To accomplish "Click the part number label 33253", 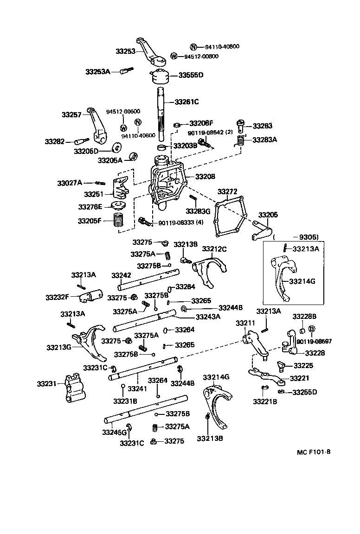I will coord(125,51).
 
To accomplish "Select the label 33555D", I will coord(191,75).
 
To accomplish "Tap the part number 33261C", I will coord(186,102).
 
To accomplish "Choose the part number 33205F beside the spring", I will coord(90,221).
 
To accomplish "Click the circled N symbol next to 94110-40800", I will coord(194,47).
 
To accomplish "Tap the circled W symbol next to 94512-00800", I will coord(174,57).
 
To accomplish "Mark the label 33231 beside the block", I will coord(46,383).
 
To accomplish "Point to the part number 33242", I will coord(121,275).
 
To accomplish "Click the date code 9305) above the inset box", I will coord(306,237).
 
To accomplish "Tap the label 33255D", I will coord(304,392).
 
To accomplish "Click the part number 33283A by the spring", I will coord(264,139).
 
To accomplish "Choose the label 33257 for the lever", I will coord(72,114).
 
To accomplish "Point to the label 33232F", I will coord(58,297).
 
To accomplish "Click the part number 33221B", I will coord(265,401).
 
